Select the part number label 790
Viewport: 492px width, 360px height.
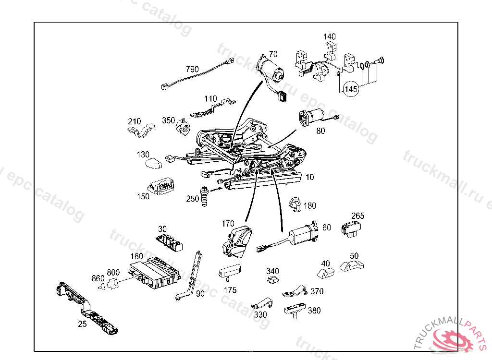[x=192, y=70]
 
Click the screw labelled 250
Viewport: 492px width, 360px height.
[x=205, y=197]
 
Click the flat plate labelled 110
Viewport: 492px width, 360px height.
[x=212, y=109]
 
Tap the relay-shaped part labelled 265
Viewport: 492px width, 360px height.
[x=352, y=229]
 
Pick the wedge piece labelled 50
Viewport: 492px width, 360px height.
[x=352, y=265]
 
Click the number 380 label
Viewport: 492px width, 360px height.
[x=314, y=311]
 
